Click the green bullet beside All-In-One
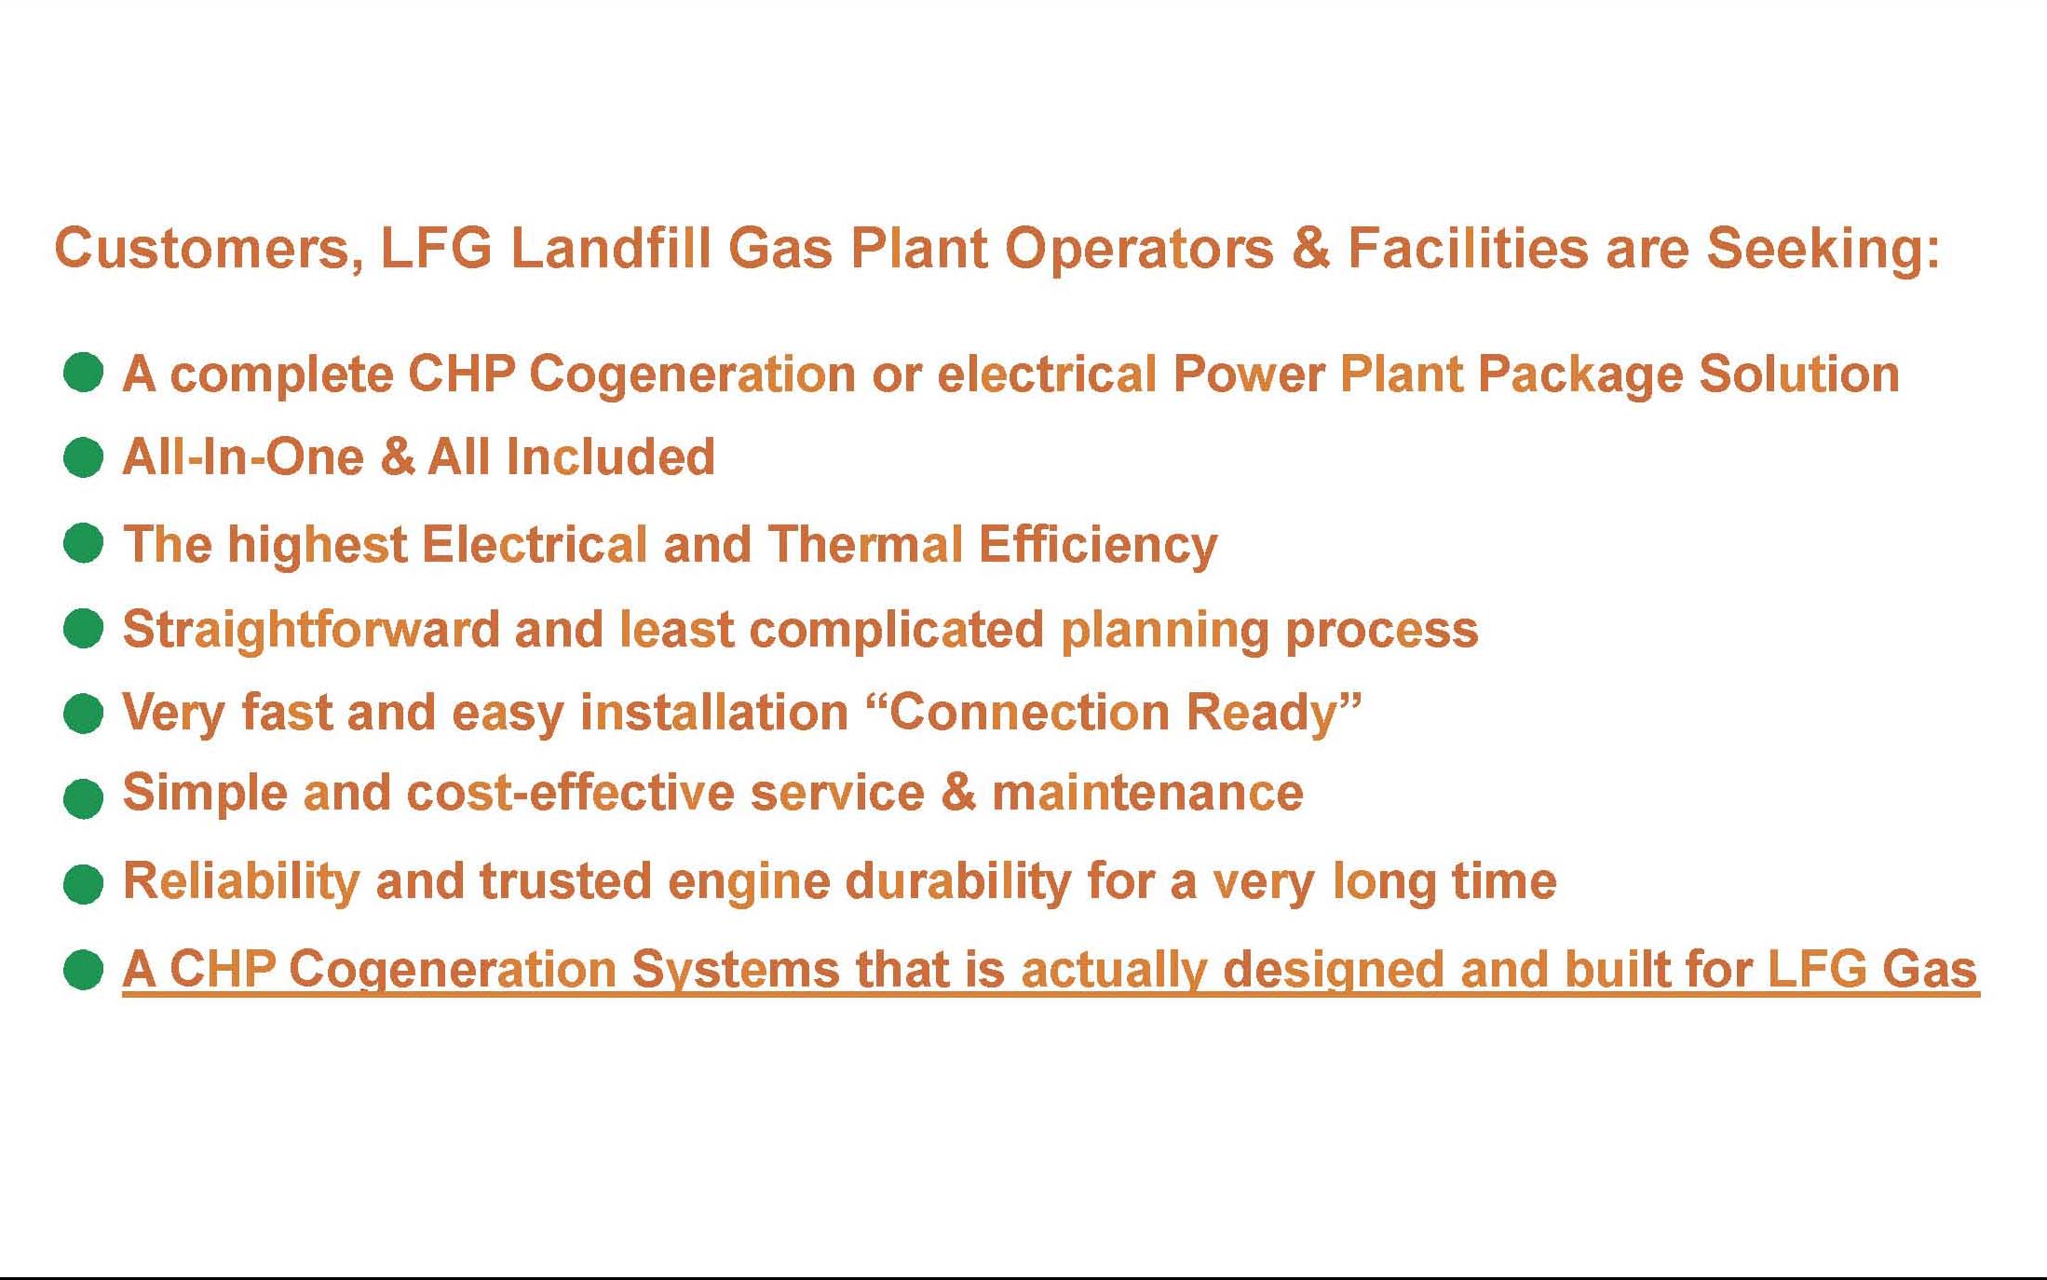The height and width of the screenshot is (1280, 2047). (83, 457)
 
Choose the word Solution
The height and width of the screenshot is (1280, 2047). (1799, 374)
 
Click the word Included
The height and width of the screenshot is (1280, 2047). (610, 456)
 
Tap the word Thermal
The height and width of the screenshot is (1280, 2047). (865, 544)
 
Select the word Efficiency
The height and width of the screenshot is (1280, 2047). (1098, 546)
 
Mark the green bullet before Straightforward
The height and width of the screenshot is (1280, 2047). (83, 628)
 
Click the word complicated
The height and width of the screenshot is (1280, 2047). (896, 631)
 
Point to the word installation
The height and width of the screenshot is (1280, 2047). (714, 713)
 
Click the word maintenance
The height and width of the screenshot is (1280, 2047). (1147, 794)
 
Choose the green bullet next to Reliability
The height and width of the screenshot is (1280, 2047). (83, 883)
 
